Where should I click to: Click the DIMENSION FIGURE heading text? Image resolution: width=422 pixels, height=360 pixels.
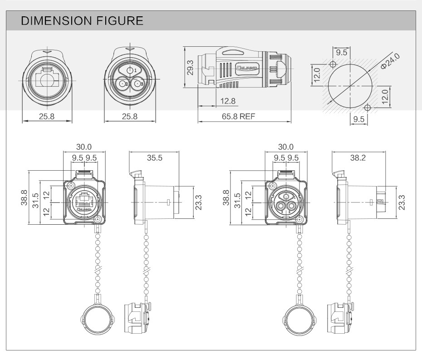[x=83, y=20]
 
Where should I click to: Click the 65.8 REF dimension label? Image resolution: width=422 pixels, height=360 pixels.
[x=239, y=116]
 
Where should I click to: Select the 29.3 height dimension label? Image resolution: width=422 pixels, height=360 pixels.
[x=190, y=68]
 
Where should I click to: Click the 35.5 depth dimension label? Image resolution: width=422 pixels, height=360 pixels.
[x=154, y=158]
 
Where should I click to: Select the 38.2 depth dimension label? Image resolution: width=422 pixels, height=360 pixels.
[x=358, y=158]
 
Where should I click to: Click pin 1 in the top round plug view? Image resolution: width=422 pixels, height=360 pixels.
[x=131, y=71]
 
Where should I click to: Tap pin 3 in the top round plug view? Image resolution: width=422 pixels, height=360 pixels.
[x=137, y=84]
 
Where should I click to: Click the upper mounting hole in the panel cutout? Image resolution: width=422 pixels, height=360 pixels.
[x=334, y=64]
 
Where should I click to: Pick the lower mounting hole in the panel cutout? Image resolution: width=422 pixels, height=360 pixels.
[x=368, y=108]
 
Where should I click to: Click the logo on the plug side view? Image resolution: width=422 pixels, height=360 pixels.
[x=247, y=69]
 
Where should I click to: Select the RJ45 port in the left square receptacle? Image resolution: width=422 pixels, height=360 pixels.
[x=84, y=200]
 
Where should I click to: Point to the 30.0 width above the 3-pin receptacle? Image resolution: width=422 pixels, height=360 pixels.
[x=286, y=147]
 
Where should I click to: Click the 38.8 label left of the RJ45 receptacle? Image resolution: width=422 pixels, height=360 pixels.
[x=25, y=198]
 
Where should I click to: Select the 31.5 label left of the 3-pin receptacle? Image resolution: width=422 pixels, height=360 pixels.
[x=237, y=200]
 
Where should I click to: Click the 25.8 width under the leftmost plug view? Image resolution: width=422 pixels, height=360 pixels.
[x=47, y=116]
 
